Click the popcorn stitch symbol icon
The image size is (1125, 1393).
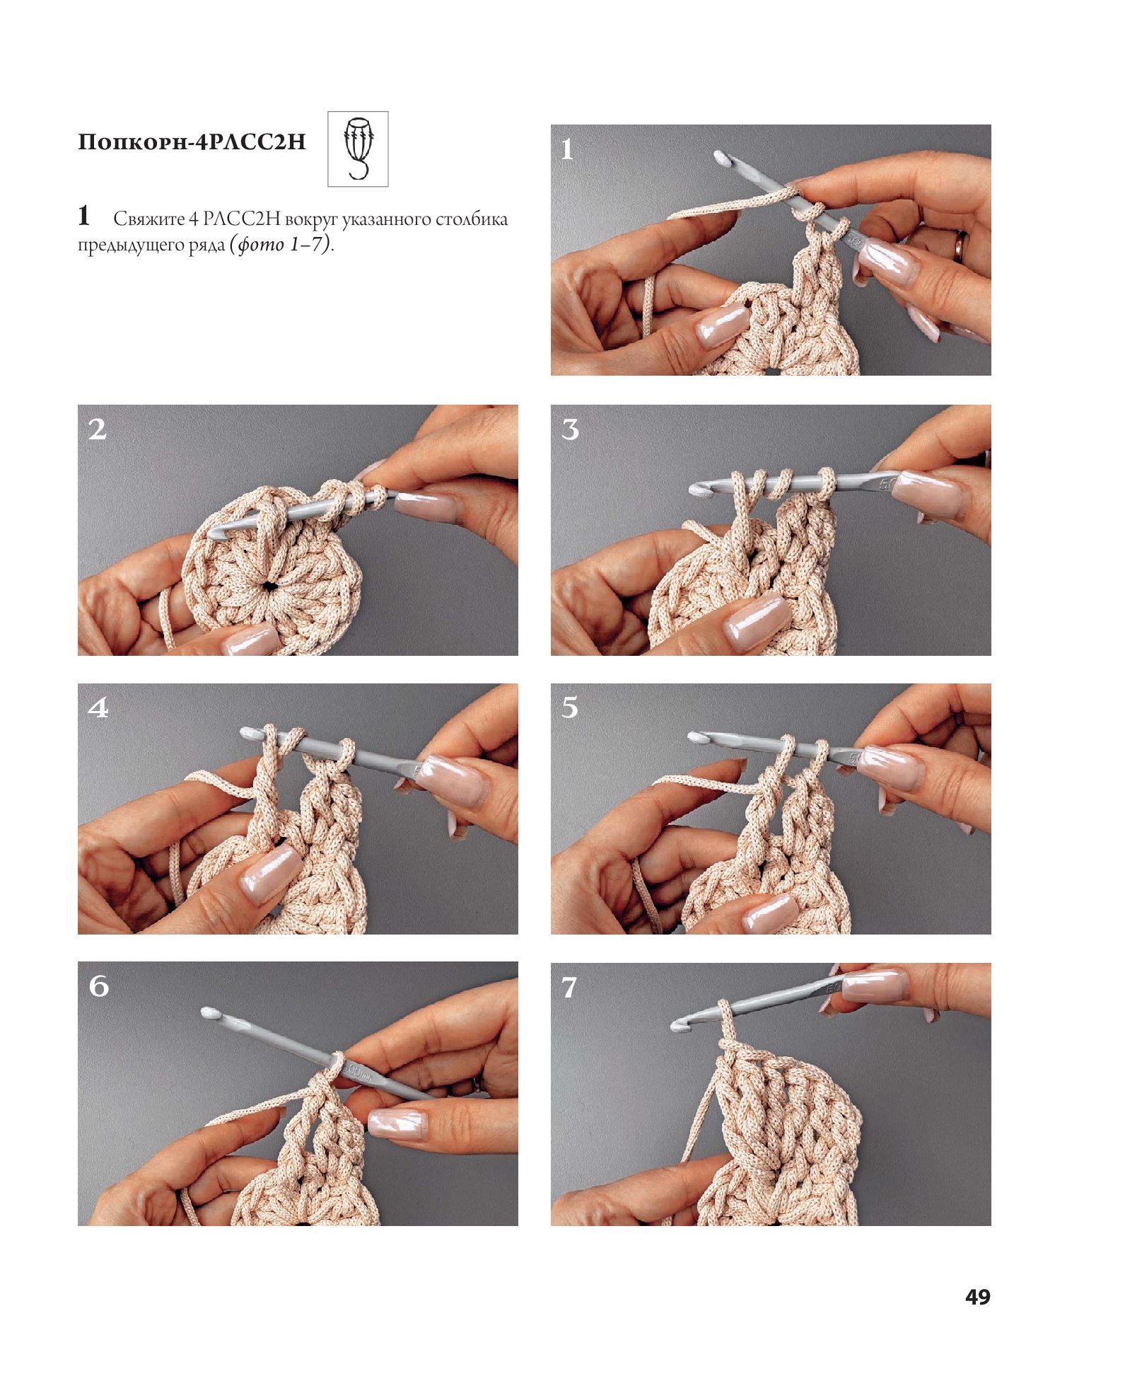(358, 149)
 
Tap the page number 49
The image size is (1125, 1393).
(977, 1296)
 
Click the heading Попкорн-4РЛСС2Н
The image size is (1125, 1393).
(192, 141)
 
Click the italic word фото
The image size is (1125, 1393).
(260, 245)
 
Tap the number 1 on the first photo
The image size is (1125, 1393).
(567, 149)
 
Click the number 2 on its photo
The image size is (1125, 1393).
(98, 429)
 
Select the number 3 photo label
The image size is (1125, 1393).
(570, 429)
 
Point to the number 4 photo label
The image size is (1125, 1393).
(98, 707)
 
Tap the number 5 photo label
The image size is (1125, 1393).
(570, 707)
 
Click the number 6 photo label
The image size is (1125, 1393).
(99, 986)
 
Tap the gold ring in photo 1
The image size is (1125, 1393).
(960, 245)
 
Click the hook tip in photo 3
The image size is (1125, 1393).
(699, 489)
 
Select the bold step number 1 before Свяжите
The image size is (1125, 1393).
(84, 215)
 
